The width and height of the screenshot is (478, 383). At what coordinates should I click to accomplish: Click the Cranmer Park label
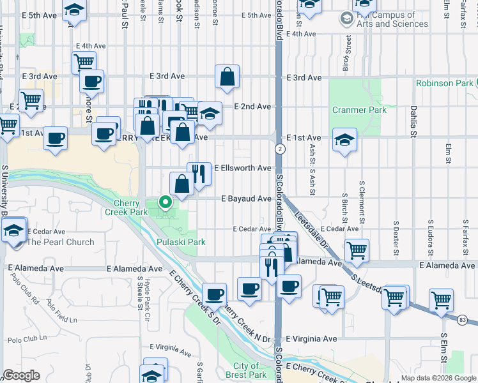click(359, 110)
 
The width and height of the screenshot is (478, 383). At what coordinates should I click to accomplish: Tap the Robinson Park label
click(445, 83)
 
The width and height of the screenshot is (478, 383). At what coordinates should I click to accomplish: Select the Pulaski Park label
click(181, 242)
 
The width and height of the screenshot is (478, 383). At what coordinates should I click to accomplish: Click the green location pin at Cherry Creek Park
click(166, 203)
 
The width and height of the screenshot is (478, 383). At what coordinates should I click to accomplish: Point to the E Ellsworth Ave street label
click(242, 168)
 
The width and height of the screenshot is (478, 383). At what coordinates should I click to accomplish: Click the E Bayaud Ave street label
click(246, 199)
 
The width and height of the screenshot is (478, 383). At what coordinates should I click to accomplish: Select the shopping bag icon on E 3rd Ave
click(227, 77)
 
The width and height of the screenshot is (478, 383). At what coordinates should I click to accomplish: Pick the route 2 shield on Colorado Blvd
click(279, 149)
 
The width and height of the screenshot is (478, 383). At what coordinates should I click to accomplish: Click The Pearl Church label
click(60, 242)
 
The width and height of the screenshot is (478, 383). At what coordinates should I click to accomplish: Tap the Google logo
click(21, 375)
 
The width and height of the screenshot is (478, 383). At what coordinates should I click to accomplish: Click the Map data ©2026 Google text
click(436, 378)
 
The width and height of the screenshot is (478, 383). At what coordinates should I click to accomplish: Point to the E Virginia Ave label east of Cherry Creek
click(311, 339)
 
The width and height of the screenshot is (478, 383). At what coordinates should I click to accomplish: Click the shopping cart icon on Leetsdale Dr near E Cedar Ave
click(357, 250)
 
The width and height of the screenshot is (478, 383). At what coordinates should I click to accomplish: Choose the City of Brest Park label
click(246, 370)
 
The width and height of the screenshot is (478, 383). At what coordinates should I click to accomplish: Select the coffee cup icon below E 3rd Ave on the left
click(92, 82)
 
